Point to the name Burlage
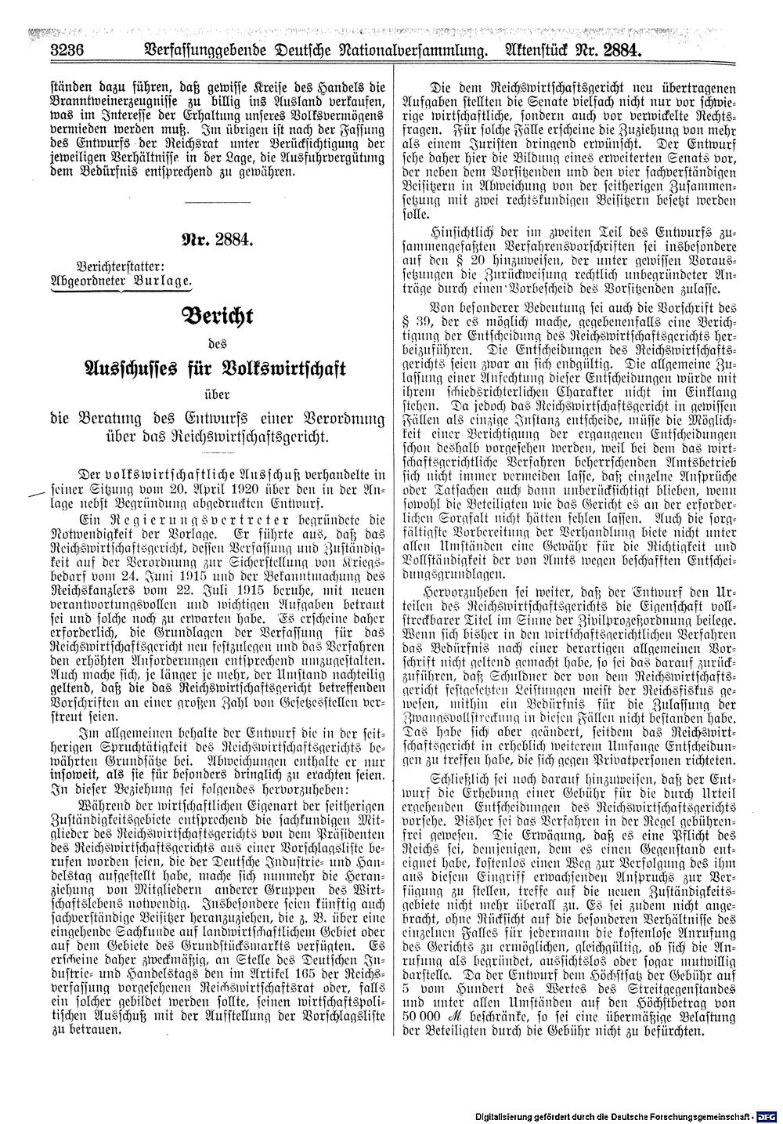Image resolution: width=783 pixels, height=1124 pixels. tap(161, 281)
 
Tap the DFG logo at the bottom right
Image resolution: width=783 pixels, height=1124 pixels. tap(767, 1115)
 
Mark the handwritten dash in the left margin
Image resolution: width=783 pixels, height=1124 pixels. tap(36, 494)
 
